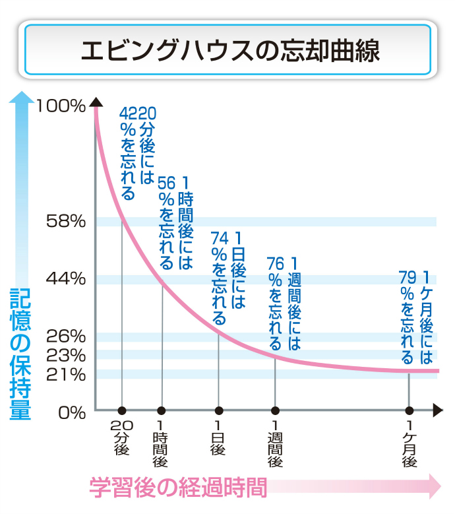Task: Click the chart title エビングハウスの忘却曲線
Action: point(230,50)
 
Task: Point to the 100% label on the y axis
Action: point(61,106)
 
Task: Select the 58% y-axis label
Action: point(66,221)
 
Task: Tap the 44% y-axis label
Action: point(66,279)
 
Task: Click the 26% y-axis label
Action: point(66,337)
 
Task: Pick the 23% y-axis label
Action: point(66,355)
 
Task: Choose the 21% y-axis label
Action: point(66,374)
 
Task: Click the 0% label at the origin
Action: point(72,412)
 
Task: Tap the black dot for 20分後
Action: point(122,410)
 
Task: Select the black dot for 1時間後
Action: point(162,410)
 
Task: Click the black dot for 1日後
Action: point(219,410)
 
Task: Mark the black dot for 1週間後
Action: point(275,410)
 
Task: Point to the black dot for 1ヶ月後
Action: point(409,410)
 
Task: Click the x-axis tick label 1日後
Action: point(218,438)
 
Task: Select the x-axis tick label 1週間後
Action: point(275,444)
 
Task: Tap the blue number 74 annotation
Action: point(220,238)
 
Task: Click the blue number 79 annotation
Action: point(408,278)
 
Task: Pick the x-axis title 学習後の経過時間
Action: point(178,488)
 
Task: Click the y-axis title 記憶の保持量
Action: point(20,354)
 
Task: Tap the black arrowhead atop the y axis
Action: point(96,102)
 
